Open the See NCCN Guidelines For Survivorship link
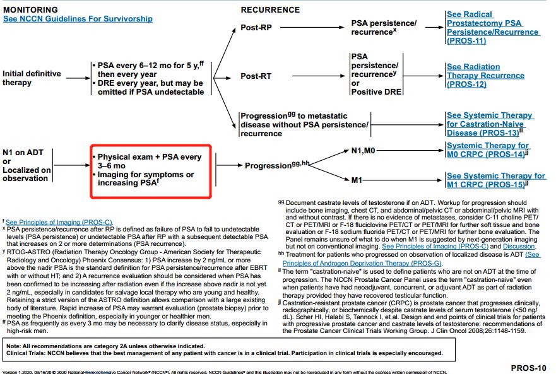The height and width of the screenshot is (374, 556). [x=78, y=19]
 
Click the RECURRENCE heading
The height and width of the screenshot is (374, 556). [x=270, y=9]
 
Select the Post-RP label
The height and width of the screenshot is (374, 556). [x=257, y=28]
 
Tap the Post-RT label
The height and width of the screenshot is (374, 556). [x=257, y=76]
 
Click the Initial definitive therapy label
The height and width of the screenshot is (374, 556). [x=32, y=78]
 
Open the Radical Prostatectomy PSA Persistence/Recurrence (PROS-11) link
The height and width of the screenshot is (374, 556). [x=484, y=27]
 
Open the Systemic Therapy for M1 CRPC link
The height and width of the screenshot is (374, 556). [x=495, y=180]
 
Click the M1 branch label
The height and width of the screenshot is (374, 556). [x=357, y=180]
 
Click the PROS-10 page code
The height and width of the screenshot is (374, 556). [x=528, y=366]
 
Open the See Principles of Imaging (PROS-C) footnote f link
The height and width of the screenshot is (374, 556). [x=59, y=222]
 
